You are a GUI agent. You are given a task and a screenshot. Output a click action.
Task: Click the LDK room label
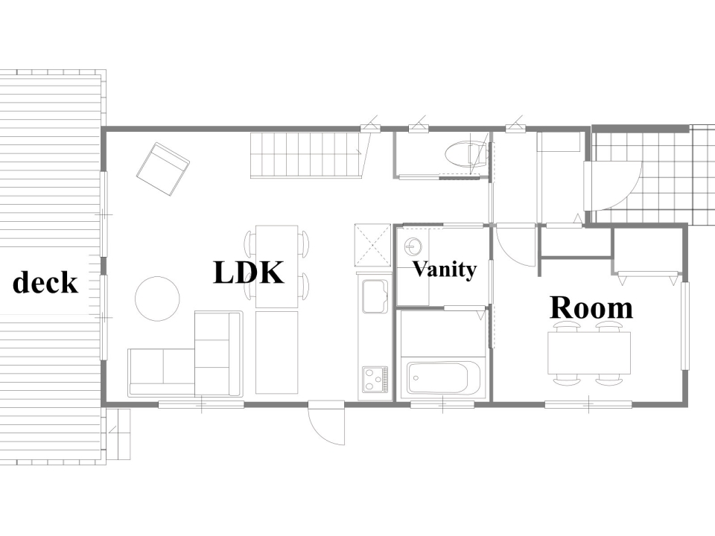pos(249,272)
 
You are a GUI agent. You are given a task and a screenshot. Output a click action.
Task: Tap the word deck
pos(45,282)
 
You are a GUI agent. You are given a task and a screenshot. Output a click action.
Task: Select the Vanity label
pos(445,269)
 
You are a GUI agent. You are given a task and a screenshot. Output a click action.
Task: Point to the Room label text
pos(591,307)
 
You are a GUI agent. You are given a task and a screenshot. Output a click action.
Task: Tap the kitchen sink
pos(375,296)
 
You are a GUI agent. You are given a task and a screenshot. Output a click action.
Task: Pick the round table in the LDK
pos(157,299)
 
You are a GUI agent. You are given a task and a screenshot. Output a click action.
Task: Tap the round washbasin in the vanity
pos(413,247)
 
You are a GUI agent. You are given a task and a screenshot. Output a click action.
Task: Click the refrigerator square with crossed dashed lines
pos(373,245)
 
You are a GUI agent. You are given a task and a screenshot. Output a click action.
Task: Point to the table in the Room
pos(588,353)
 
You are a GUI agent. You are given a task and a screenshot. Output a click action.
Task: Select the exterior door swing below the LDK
pos(326,423)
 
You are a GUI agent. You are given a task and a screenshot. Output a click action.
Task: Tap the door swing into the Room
pos(515,246)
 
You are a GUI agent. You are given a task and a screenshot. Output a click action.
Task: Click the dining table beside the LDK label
pos(277,267)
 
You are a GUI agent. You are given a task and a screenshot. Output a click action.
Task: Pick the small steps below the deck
pos(118,434)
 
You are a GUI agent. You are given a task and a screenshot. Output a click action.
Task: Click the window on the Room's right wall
pos(685,326)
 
